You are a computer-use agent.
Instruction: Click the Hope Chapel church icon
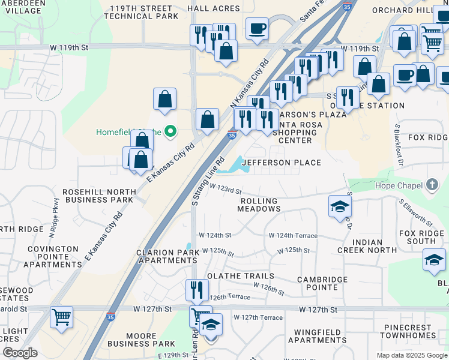[432, 185]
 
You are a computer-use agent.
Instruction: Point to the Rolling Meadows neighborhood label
[259, 205]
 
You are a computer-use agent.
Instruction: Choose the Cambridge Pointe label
[322, 283]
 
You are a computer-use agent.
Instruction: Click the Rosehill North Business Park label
[98, 196]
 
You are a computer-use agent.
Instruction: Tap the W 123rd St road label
[225, 190]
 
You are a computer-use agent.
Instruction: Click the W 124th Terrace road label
[293, 236]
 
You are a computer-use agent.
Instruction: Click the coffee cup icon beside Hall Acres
[257, 29]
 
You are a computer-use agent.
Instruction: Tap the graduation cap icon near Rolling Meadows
[340, 207]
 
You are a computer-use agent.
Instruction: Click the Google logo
[20, 353]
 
